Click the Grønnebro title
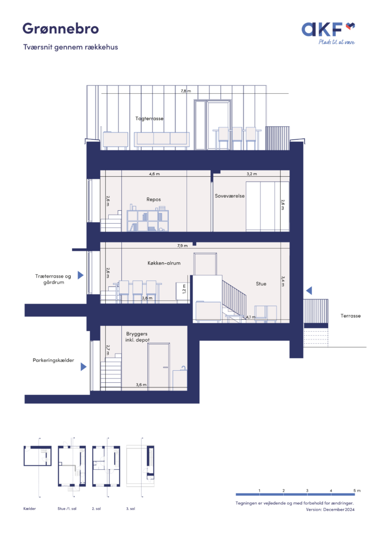(x=60, y=29)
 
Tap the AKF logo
(x=329, y=33)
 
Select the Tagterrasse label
(x=149, y=118)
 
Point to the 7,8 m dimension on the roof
(x=185, y=91)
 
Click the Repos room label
(x=154, y=200)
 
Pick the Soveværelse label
(x=230, y=196)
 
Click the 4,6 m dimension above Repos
(x=154, y=174)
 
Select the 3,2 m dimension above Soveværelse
(x=252, y=174)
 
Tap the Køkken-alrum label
(x=164, y=263)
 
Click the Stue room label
(x=261, y=284)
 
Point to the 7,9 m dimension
(x=182, y=246)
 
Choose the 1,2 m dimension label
(x=184, y=289)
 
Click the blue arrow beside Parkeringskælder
(x=83, y=367)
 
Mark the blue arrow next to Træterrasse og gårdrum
(x=81, y=275)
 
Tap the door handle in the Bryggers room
(x=166, y=367)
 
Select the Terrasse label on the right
(x=350, y=315)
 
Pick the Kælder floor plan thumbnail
(x=37, y=456)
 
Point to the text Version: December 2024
(x=330, y=509)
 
